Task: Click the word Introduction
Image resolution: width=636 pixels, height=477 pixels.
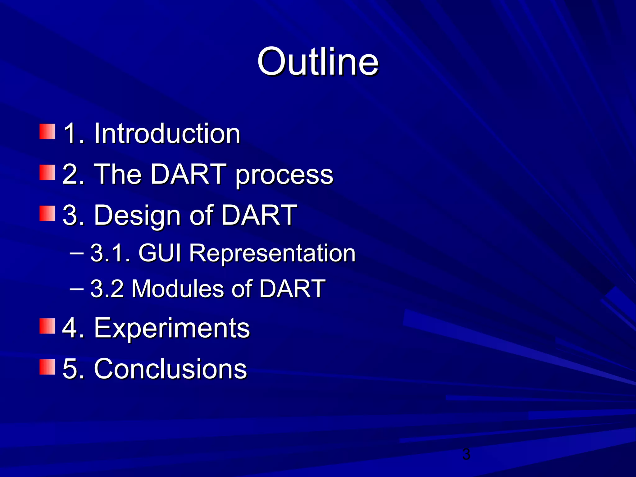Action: point(167,133)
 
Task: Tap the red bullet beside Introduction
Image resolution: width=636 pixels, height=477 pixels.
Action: point(47,132)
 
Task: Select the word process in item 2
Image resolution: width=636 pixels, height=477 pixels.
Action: point(284,175)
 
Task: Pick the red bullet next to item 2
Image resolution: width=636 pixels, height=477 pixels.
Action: point(47,173)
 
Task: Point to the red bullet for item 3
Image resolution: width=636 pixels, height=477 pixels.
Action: point(47,213)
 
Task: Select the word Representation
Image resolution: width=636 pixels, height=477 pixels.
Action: point(272,253)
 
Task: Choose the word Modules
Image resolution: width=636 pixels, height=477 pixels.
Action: point(178,289)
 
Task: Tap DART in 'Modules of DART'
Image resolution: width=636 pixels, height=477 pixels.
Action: point(292,289)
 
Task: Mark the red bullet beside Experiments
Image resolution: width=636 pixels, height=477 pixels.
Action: point(47,326)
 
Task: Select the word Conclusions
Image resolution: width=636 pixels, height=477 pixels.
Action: point(170,369)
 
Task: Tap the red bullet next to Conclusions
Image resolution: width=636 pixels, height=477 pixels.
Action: point(47,367)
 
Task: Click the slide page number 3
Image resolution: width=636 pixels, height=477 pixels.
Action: point(466,454)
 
